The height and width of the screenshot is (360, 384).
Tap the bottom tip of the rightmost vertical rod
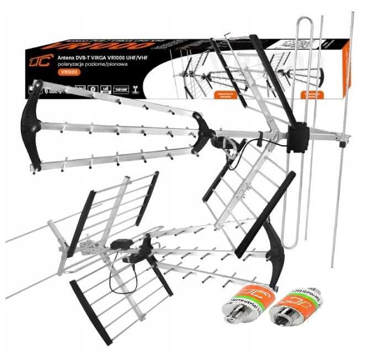(x=333, y=266)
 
